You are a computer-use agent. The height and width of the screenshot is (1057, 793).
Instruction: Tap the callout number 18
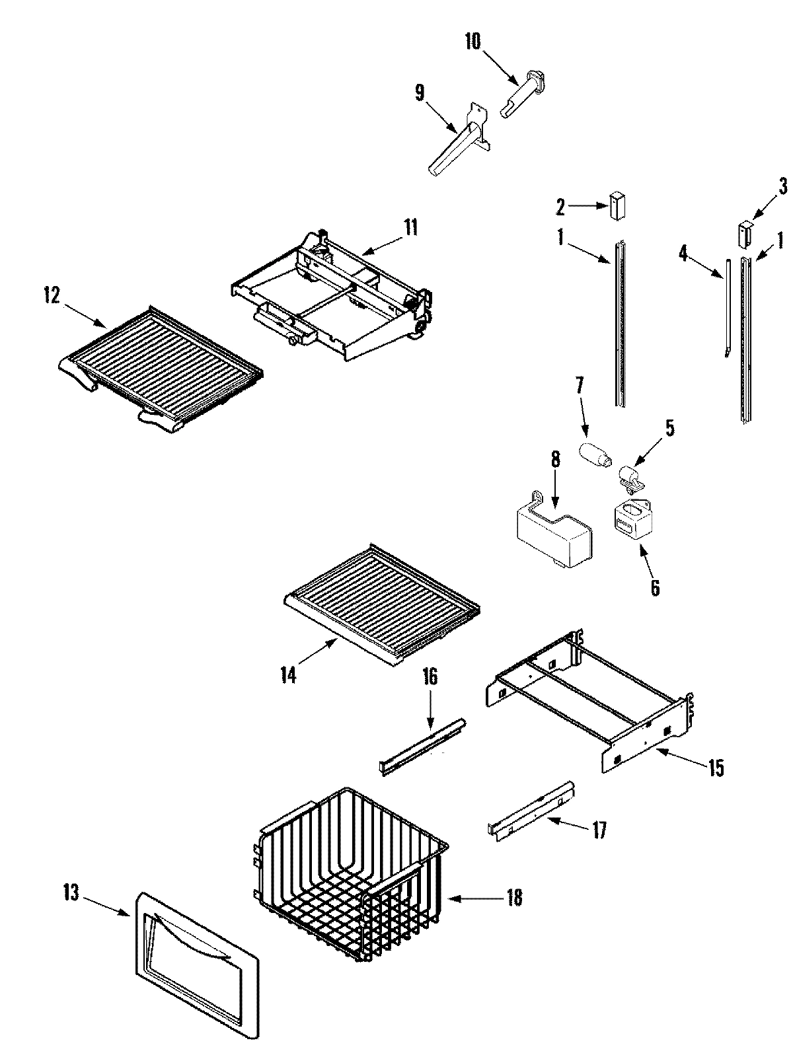(x=513, y=898)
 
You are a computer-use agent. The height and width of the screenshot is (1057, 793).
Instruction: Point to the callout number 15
(x=715, y=768)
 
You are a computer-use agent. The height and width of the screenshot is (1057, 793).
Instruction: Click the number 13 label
(x=71, y=894)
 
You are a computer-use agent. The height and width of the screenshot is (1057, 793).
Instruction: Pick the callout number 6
(x=654, y=587)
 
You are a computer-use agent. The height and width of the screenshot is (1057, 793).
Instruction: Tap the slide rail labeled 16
(x=423, y=746)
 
